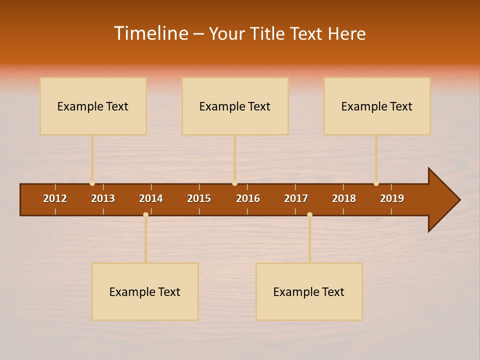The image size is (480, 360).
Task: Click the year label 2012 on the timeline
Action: pyautogui.click(x=55, y=198)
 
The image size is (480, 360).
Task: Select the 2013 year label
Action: pyautogui.click(x=103, y=198)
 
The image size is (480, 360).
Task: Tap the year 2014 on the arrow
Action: pyautogui.click(x=151, y=198)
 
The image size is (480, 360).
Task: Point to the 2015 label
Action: pyautogui.click(x=199, y=198)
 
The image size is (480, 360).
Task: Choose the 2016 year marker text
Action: pyautogui.click(x=248, y=198)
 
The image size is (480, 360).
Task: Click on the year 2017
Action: pyautogui.click(x=296, y=198)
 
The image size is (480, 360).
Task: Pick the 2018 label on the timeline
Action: pyautogui.click(x=344, y=198)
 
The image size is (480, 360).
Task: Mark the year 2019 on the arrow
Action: pyautogui.click(x=392, y=198)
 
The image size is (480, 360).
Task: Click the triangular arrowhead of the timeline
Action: pyautogui.click(x=443, y=199)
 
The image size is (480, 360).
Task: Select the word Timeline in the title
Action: pyautogui.click(x=150, y=33)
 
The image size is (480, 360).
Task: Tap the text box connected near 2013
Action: pyautogui.click(x=93, y=106)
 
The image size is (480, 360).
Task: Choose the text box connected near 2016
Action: pyautogui.click(x=235, y=106)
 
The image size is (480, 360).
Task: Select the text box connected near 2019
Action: pyautogui.click(x=377, y=106)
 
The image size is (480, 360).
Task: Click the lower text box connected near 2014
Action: pyautogui.click(x=145, y=291)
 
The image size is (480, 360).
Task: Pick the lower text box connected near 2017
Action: pyautogui.click(x=309, y=291)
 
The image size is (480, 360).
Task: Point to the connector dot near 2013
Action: pyautogui.click(x=92, y=183)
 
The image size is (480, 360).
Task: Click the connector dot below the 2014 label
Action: pyautogui.click(x=145, y=214)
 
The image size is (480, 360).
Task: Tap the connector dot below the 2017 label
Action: pyautogui.click(x=309, y=214)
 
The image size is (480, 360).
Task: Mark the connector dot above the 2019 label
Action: pyautogui.click(x=376, y=183)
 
